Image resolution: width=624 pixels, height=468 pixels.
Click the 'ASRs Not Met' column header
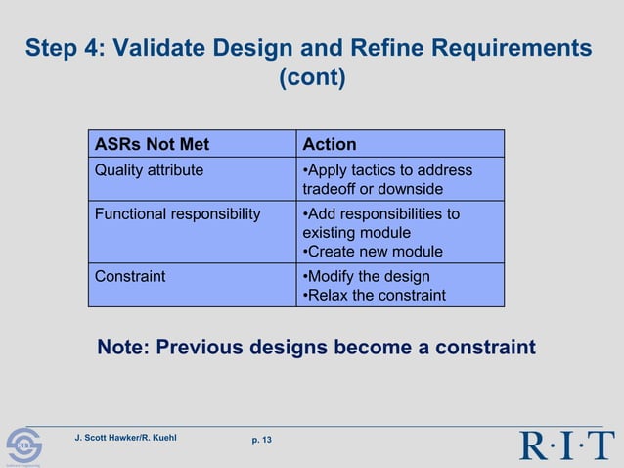pos(152,145)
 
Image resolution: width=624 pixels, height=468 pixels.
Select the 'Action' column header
pos(330,145)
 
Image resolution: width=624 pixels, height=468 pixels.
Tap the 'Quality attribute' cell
pos(149,170)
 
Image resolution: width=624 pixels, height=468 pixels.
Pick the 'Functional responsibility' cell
pos(177,214)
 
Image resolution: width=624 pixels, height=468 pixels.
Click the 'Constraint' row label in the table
pos(130,276)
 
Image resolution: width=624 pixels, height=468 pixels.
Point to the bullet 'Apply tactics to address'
pos(387,170)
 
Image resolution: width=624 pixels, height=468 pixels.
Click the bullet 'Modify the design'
pos(366,276)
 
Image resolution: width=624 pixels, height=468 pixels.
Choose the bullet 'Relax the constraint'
pos(374,295)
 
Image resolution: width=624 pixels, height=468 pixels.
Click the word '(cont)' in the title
pos(312,78)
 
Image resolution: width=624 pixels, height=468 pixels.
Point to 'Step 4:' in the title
pos(63,48)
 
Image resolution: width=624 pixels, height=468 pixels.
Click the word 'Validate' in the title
pos(157,48)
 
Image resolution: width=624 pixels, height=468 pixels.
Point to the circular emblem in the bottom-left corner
pos(23,447)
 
